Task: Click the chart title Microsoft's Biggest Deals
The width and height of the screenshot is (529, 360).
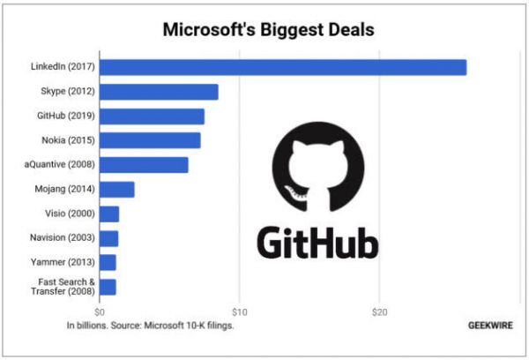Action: [268, 30]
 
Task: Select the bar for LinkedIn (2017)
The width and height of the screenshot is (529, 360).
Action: [282, 67]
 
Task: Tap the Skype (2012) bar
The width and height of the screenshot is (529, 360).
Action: [159, 92]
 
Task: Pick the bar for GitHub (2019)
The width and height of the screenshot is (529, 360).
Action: [152, 116]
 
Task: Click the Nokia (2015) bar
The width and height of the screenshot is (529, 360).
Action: [150, 140]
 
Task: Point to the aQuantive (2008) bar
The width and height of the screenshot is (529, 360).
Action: [144, 165]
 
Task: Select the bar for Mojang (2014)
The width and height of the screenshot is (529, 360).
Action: [117, 189]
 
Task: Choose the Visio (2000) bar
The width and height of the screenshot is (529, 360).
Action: [109, 214]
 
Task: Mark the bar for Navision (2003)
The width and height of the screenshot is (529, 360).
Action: [108, 238]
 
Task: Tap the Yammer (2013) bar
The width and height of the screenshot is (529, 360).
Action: [108, 262]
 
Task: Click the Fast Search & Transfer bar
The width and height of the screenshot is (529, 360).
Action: [108, 287]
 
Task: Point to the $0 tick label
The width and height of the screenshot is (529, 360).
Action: [100, 311]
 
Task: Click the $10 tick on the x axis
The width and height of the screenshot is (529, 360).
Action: [239, 311]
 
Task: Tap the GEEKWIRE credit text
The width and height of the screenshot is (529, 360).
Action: [489, 324]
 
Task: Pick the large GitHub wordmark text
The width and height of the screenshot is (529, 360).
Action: [318, 242]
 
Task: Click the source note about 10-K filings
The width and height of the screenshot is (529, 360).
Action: [156, 324]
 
